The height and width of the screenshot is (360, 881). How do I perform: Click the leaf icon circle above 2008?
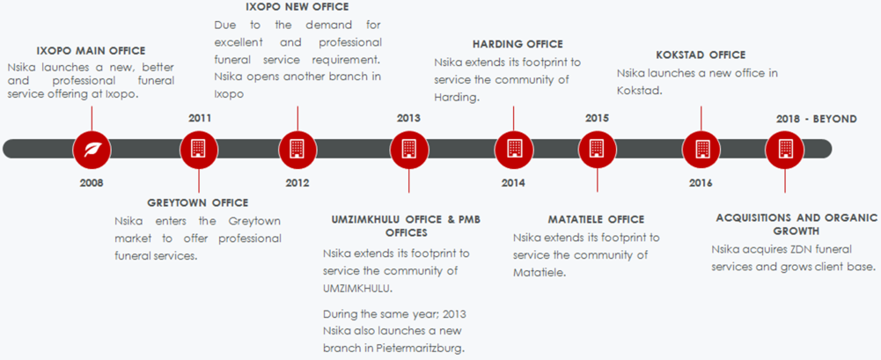tap(92, 149)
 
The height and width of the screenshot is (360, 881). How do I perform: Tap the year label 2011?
tap(200, 119)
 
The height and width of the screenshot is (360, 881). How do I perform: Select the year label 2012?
tap(297, 182)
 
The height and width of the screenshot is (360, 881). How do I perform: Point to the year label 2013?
tap(408, 119)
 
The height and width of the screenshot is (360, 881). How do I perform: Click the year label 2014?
tap(513, 182)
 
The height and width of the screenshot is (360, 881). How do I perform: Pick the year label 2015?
tap(597, 119)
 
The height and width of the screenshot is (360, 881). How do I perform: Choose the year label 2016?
tap(701, 182)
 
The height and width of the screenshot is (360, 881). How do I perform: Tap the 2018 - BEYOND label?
tap(817, 119)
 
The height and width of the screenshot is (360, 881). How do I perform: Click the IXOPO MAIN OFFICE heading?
tap(91, 50)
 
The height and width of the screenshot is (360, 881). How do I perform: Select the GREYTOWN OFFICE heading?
tap(198, 202)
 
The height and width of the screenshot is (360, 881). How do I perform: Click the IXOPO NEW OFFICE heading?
tap(297, 7)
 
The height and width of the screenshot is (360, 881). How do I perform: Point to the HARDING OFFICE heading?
tap(518, 44)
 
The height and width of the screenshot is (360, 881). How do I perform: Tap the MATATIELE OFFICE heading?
tap(596, 219)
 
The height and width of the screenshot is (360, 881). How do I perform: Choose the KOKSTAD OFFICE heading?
tap(701, 55)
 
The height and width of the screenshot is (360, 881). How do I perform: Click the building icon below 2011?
tap(199, 149)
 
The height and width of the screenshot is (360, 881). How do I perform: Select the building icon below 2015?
tap(598, 149)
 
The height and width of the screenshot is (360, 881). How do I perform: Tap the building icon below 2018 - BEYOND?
tap(784, 149)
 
